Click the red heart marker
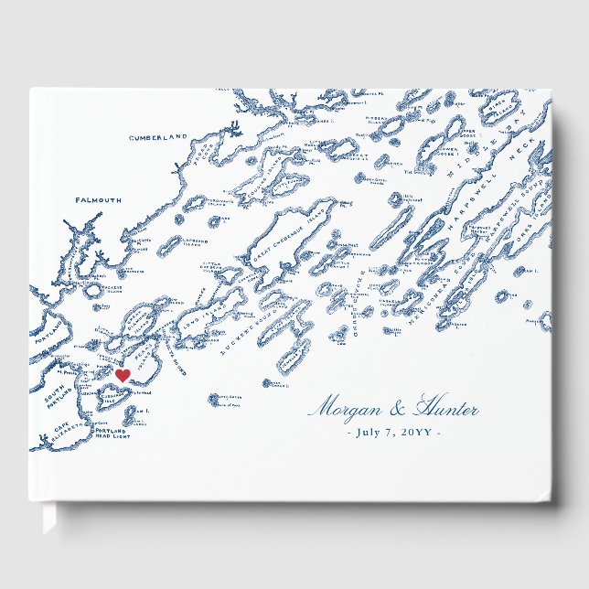[x=123, y=375]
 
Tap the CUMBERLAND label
[x=157, y=137]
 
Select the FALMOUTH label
[x=99, y=199]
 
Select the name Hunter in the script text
[x=446, y=409]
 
